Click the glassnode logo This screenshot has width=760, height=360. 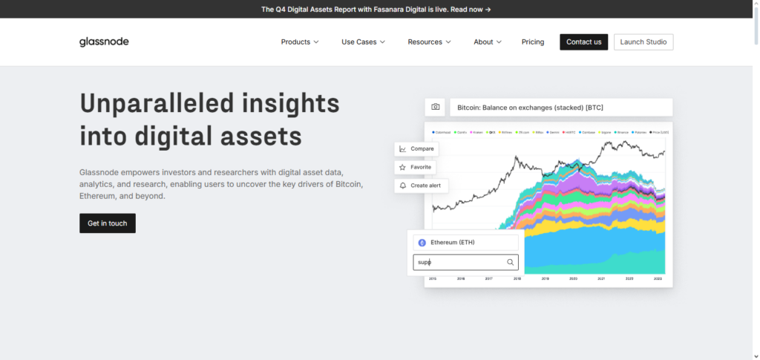[104, 42]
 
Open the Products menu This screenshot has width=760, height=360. [300, 42]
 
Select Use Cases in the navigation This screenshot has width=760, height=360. [363, 42]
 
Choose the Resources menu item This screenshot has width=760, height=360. [429, 42]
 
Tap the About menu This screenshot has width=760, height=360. [488, 42]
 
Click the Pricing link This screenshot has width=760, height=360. [533, 42]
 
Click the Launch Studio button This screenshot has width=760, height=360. [643, 42]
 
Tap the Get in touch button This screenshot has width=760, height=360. [108, 223]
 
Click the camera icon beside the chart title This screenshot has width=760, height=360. [436, 108]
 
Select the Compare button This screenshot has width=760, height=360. [416, 148]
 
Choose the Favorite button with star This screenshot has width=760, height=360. [416, 167]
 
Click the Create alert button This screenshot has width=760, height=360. [421, 185]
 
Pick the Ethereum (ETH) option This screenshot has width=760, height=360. [465, 242]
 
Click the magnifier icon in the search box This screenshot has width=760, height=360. [510, 262]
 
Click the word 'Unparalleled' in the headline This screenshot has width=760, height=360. [148, 103]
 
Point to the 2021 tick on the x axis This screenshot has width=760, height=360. [601, 279]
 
